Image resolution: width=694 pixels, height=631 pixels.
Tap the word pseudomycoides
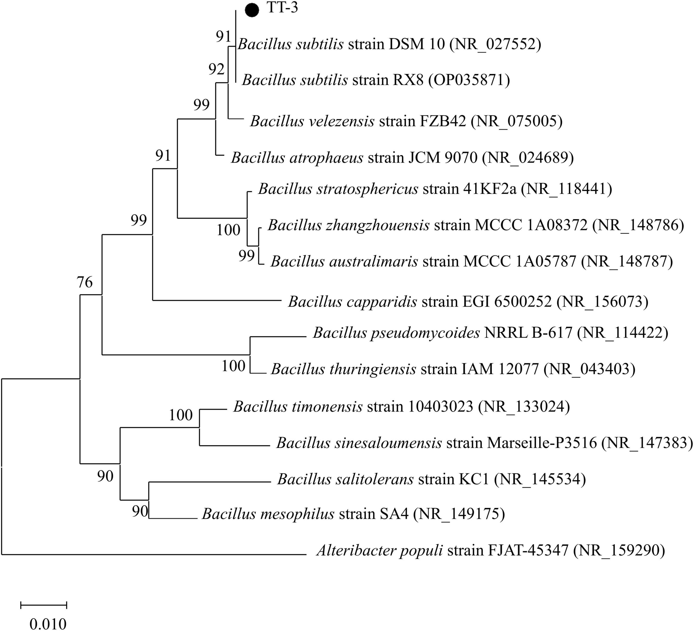(425, 333)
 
